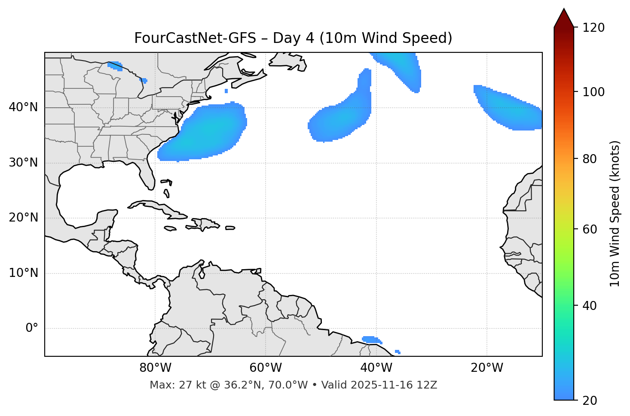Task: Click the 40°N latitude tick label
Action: [23, 107]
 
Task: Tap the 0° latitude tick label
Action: [32, 328]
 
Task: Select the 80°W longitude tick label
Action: [155, 368]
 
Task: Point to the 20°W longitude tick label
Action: [487, 368]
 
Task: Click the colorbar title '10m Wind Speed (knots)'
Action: [615, 213]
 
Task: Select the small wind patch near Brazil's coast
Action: [371, 340]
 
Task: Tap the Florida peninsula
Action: [147, 174]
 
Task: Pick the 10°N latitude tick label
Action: [23, 273]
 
